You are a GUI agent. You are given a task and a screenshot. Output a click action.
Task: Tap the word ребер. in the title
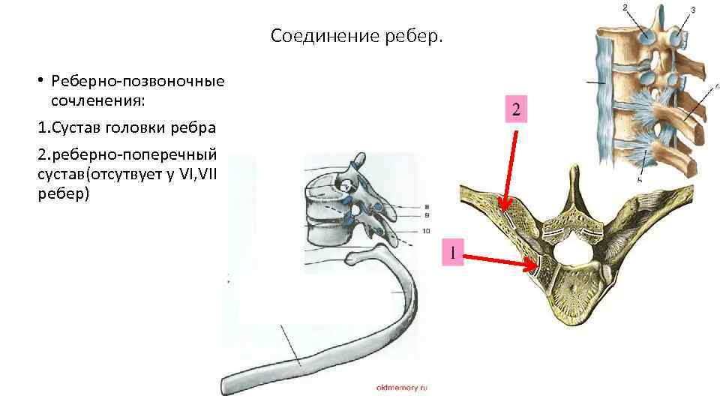pos(417,36)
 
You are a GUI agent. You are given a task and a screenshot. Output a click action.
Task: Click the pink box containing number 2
pos(515,109)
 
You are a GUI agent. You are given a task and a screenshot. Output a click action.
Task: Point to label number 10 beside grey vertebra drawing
pos(425,230)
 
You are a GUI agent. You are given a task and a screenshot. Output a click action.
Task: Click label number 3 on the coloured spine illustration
pos(692,10)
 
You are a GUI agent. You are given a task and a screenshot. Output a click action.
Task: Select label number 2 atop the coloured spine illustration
pos(625,7)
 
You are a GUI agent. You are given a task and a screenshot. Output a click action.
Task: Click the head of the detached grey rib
pos(352,259)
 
